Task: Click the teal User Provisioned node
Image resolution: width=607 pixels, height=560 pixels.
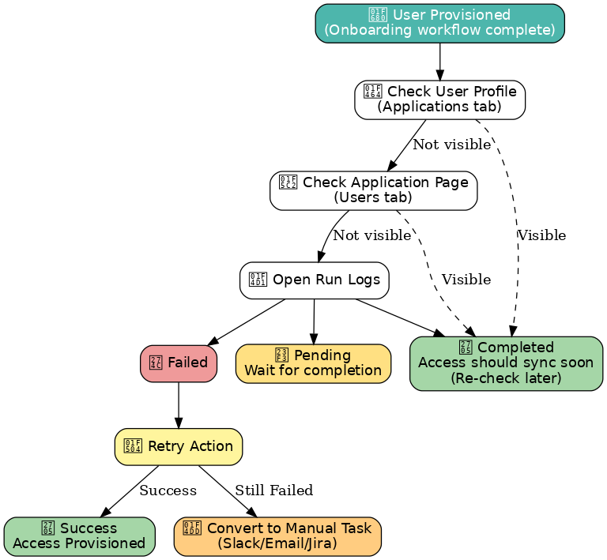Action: tap(439, 23)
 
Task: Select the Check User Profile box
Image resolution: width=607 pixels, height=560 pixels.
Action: tap(439, 100)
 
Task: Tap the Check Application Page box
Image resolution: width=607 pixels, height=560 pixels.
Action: tap(373, 190)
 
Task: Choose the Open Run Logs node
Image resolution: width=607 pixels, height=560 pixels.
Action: tap(315, 280)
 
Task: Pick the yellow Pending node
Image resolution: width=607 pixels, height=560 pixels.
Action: tap(313, 363)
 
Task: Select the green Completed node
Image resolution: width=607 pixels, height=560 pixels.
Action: tap(506, 363)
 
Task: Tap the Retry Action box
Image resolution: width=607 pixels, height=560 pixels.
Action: tap(179, 447)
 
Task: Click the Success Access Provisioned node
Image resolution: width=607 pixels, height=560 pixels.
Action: tap(79, 536)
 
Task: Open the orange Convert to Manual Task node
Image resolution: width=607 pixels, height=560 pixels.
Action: tap(277, 536)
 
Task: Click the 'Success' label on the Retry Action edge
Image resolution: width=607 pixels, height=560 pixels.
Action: tap(168, 490)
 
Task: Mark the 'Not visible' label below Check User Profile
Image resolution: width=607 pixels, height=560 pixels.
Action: tap(451, 145)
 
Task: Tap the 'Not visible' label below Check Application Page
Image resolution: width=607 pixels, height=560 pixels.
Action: tap(371, 235)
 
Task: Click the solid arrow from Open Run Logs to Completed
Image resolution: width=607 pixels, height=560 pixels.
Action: tap(399, 317)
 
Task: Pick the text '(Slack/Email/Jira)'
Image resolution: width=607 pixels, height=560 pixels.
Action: tap(277, 543)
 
